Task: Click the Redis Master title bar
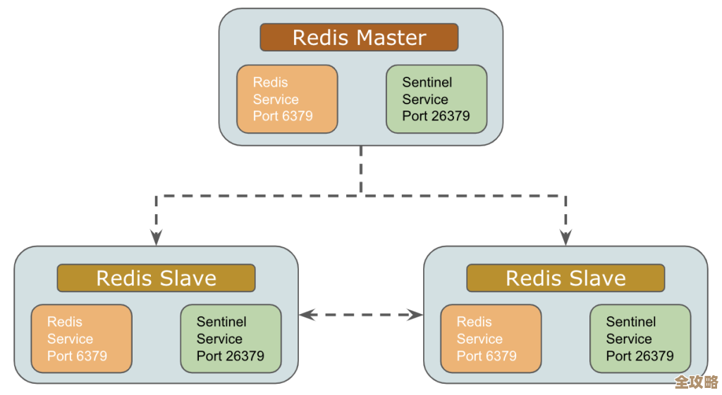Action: pos(359,37)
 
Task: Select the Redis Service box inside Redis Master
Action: pos(287,99)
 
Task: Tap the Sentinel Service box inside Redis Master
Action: pos(436,99)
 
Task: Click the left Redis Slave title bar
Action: pos(156,278)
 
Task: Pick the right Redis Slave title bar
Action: pos(565,278)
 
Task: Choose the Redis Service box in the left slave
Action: pos(81,339)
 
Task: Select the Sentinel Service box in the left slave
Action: pos(231,339)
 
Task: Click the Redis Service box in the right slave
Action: pos(491,339)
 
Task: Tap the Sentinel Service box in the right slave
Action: pos(640,339)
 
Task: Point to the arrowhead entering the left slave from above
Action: pos(157,237)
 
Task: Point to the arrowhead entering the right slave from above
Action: pos(565,237)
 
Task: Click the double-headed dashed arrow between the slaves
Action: pos(360,315)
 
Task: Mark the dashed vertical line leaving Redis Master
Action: pos(361,169)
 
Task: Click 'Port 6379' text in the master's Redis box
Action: pos(283,116)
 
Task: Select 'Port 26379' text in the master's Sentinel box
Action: pos(436,116)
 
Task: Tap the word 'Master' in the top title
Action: pos(392,37)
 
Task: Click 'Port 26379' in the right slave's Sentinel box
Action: pos(640,356)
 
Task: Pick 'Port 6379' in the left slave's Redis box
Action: pos(77,356)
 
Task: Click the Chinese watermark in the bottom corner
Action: pos(696,382)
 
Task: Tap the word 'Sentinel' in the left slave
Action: pos(221,322)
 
